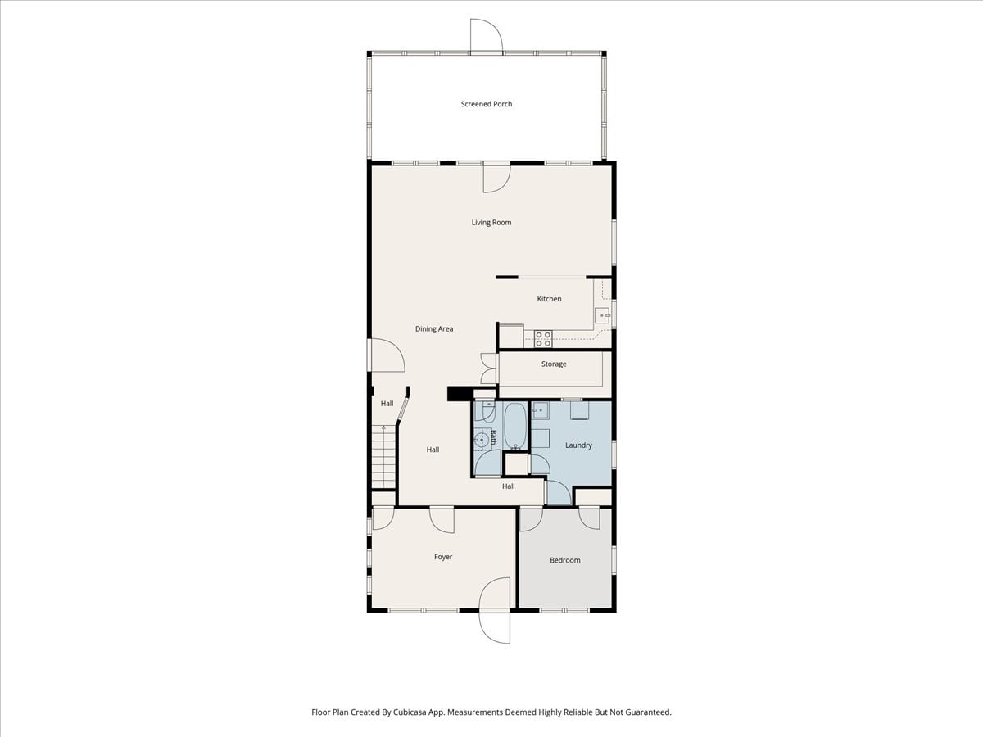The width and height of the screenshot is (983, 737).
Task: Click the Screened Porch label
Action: [487, 104]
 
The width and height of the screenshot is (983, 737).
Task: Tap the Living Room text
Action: [491, 223]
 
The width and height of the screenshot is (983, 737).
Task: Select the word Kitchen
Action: [549, 298]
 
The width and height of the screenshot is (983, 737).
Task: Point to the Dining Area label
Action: [434, 329]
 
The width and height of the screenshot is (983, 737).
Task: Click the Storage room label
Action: [554, 364]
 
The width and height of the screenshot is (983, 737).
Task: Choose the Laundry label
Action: [578, 445]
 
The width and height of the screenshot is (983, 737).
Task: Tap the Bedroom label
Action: [565, 560]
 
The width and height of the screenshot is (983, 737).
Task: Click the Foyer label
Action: [443, 557]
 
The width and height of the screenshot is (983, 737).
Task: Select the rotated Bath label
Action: [493, 436]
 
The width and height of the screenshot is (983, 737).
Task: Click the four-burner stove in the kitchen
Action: [543, 339]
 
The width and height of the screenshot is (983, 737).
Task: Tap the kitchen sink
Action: [602, 315]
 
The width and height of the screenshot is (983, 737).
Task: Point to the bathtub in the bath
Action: [516, 426]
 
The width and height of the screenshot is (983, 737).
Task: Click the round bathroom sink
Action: [482, 440]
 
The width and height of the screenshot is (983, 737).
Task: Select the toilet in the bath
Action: [485, 412]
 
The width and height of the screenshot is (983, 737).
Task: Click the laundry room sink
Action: [540, 410]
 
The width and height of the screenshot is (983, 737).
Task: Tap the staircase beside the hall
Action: [384, 457]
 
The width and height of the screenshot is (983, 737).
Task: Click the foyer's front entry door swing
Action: [495, 610]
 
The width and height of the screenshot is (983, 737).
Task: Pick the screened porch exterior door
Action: [487, 37]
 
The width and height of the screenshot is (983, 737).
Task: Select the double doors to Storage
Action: [488, 368]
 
